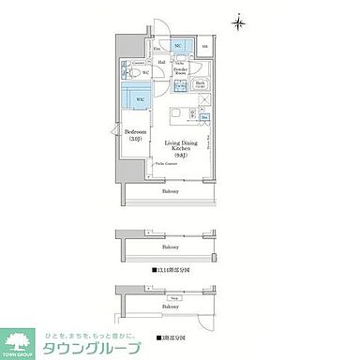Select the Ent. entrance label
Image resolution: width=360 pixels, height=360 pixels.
157,47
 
